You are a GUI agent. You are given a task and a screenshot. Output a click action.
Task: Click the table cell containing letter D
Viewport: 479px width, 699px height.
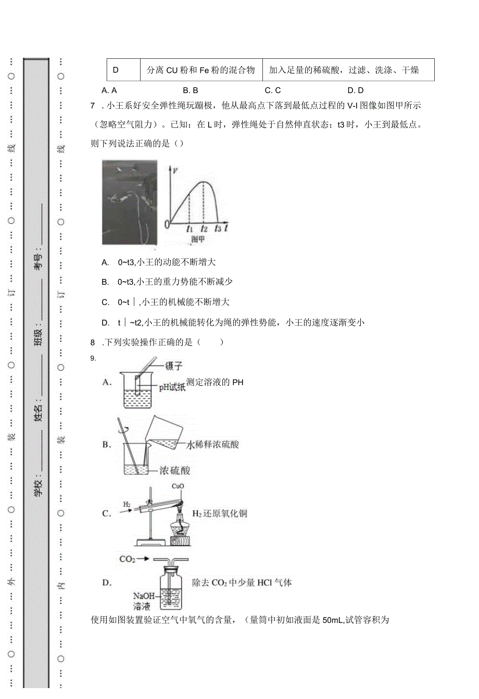coord(116,70)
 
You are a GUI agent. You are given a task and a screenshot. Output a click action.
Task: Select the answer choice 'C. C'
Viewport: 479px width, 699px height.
coord(272,91)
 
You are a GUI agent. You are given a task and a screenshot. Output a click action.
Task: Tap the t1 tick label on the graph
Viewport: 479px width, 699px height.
coord(189,228)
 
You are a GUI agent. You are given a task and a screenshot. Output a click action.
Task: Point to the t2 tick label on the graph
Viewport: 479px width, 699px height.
coord(204,228)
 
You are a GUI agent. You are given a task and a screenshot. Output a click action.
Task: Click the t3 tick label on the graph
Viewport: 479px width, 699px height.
coord(218,228)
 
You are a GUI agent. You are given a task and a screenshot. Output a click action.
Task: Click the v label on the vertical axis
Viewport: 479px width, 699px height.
coord(175,170)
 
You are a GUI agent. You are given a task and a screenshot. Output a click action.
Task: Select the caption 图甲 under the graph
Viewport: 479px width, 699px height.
coord(197,239)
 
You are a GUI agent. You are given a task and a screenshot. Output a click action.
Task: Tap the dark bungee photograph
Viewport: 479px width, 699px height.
coord(130,202)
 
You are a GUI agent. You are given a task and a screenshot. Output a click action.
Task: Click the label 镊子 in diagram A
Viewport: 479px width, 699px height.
coord(173,366)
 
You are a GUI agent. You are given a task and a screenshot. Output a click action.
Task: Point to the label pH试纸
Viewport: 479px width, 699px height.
coord(172,387)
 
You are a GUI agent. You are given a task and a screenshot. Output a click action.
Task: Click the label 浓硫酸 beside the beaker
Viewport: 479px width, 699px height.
coord(174,471)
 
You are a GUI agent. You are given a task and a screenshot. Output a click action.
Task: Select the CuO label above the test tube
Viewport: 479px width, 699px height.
coord(178,487)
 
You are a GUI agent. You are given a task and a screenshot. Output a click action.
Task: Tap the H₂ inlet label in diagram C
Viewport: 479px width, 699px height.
coord(127,504)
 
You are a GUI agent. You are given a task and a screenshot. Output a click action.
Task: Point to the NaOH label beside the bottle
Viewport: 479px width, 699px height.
coord(144,596)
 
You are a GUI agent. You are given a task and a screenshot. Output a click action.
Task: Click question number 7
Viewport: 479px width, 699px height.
coord(93,106)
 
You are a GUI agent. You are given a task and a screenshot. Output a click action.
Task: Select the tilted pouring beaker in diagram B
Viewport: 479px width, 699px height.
coord(163,433)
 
